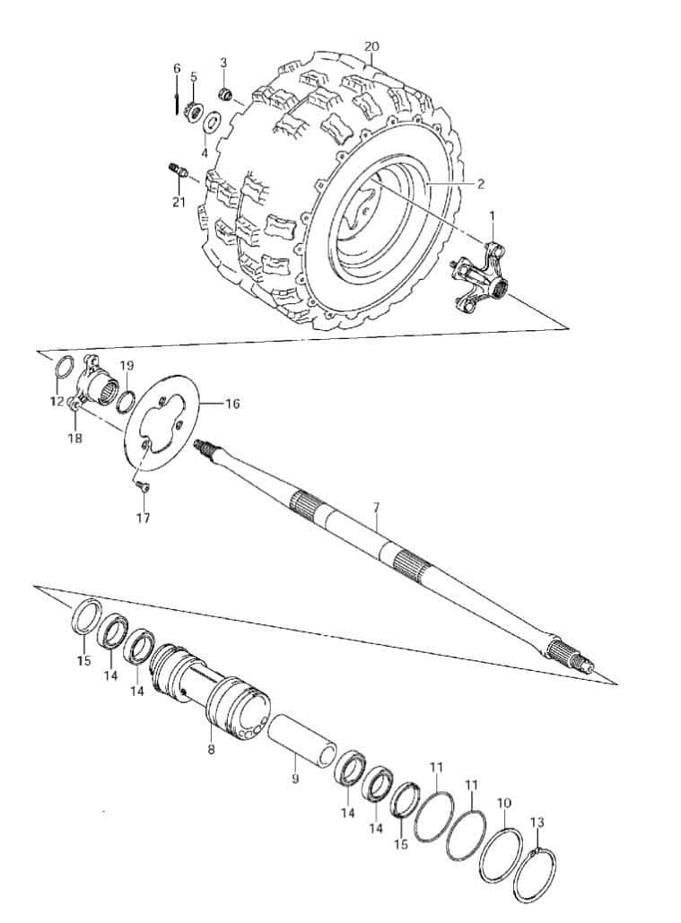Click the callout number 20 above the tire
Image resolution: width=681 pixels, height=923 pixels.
pos(371,47)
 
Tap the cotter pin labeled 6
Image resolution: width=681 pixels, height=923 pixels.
pos(177,100)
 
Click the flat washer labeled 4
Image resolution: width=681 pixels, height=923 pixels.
pos(211,124)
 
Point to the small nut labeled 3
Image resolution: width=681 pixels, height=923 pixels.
pos(225,92)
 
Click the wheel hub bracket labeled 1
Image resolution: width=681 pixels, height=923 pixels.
pos(480,275)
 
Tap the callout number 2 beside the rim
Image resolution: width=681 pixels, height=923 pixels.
pos(481,184)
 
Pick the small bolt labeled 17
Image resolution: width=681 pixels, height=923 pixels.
pos(142,485)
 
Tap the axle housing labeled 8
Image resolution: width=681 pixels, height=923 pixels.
pos(210,693)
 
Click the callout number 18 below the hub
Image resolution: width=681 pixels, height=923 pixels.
pos(76,438)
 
